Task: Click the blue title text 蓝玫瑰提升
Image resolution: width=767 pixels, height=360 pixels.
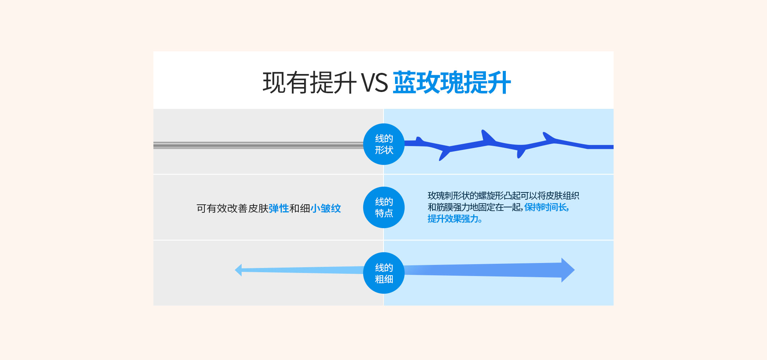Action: (452, 82)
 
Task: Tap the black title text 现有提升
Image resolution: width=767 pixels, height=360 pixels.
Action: (309, 82)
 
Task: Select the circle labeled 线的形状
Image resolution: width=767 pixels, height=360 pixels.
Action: (384, 144)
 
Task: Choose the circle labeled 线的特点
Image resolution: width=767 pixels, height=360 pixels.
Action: (384, 207)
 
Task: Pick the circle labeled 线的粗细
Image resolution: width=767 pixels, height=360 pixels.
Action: (384, 273)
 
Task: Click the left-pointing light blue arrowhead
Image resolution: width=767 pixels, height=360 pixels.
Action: (238, 270)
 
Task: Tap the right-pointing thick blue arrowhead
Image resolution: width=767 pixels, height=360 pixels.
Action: (568, 270)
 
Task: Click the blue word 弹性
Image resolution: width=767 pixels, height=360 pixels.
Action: (279, 208)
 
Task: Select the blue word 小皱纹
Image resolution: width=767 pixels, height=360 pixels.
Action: (326, 208)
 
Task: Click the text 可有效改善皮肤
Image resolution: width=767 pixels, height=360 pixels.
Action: (232, 208)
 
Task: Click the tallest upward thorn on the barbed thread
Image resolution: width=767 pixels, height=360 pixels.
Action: (487, 136)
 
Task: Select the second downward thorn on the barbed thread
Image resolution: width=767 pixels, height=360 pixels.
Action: (520, 152)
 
